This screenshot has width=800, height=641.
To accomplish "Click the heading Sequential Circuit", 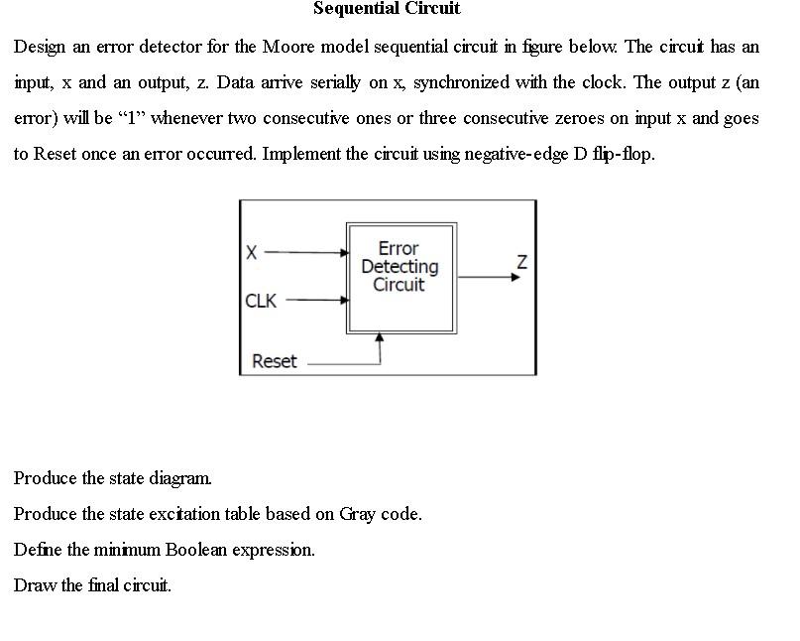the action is click(x=387, y=9).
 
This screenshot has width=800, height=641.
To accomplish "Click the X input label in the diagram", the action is click(x=252, y=253).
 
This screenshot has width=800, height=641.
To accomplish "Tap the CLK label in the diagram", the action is click(x=261, y=300).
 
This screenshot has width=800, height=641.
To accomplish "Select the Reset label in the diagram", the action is click(x=274, y=361).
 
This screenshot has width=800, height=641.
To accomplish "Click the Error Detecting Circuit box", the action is click(x=400, y=278).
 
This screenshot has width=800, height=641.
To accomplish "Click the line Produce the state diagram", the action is click(x=113, y=478).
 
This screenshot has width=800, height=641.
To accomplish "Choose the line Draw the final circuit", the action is click(x=92, y=585).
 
